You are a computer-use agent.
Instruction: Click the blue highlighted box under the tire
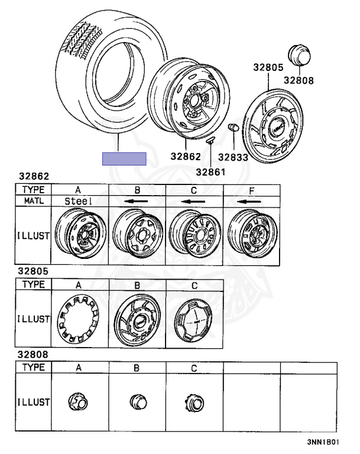124,158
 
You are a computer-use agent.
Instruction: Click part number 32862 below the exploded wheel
186,156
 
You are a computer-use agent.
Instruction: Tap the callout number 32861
210,172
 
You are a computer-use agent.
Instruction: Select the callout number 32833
233,157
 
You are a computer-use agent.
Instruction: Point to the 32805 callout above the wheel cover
268,67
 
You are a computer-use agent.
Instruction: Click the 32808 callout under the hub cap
299,80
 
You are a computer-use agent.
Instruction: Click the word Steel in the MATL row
78,201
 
